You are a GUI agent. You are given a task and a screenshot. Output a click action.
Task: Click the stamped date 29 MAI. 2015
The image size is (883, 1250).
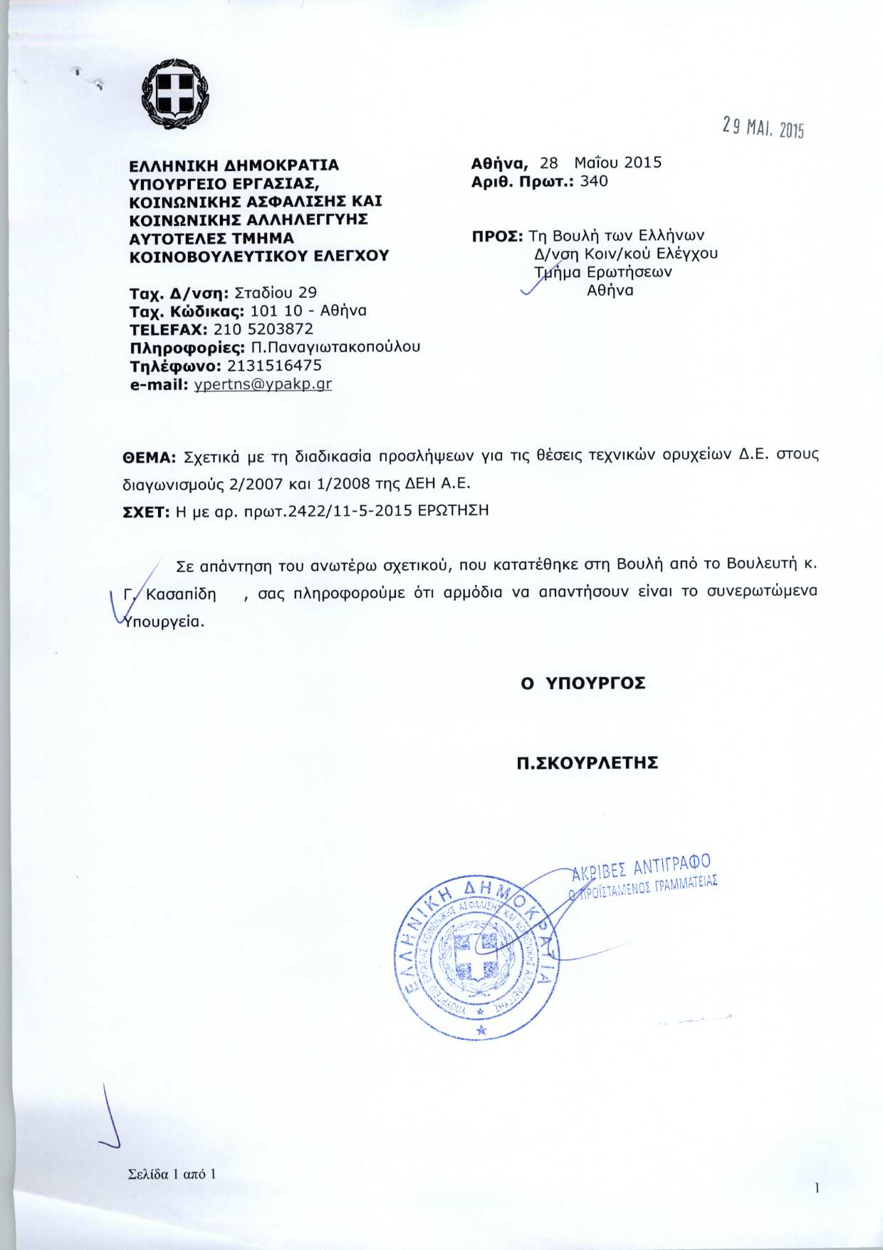pos(761,128)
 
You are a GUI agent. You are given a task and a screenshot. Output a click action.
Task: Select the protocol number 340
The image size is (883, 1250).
pos(594,181)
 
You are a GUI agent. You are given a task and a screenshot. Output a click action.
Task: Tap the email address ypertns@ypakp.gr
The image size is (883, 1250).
pos(263,384)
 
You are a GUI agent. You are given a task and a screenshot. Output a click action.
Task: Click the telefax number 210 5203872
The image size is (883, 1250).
pos(263,329)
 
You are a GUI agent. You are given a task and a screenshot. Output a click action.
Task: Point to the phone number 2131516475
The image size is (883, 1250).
pos(274,366)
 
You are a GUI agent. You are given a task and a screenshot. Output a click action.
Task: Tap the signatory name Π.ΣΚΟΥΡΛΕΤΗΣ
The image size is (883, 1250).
pos(587,763)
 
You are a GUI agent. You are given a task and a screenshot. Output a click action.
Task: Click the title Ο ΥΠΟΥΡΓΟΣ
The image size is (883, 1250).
pos(583,683)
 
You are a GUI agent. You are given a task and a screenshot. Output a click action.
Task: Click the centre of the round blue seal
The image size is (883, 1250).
pos(479,955)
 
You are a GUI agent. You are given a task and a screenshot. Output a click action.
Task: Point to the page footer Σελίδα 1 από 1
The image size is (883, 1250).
pos(171,1174)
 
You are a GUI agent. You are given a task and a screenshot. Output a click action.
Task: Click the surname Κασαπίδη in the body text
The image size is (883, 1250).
pos(181,594)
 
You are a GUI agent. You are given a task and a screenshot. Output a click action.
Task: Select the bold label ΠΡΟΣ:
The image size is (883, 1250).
pos(498,236)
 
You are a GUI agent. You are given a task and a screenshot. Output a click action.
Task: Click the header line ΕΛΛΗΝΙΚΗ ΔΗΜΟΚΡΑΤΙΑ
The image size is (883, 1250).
pos(234,165)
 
